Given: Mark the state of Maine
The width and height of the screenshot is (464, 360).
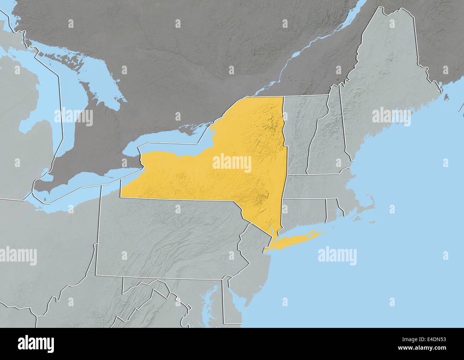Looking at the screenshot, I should pyautogui.click(x=385, y=78).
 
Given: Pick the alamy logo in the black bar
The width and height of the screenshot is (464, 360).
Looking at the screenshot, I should pyautogui.click(x=36, y=344).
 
